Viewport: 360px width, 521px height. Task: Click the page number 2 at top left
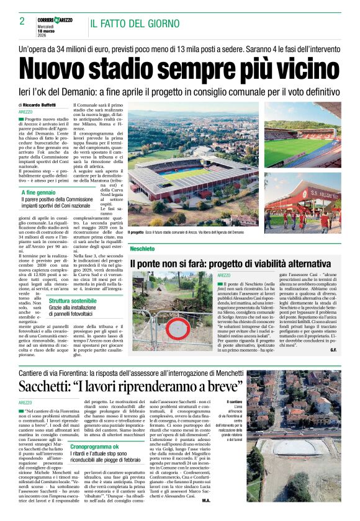tap(22, 21)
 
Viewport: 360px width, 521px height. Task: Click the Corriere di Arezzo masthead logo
tap(54, 20)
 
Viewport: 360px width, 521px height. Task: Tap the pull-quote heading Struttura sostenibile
tap(73, 300)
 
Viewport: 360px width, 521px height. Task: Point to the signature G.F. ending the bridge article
tap(333, 350)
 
